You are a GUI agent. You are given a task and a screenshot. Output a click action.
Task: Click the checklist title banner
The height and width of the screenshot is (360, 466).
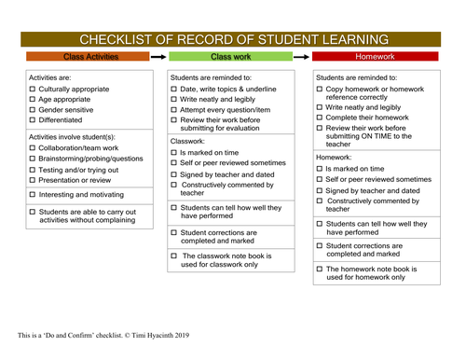point(232,39)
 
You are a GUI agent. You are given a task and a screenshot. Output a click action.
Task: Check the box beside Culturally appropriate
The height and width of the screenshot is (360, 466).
point(33,89)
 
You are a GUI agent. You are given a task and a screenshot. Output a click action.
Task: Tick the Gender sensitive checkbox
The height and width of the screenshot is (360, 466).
point(33,110)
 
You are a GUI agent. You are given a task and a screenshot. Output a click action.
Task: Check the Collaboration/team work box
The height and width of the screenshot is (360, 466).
point(33,148)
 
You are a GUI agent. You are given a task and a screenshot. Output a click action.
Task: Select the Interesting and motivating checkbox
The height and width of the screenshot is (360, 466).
point(33,194)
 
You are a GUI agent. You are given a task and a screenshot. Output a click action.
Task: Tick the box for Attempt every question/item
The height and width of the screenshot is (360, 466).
point(174,110)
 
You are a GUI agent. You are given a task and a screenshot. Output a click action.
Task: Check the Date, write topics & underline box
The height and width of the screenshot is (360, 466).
point(174,88)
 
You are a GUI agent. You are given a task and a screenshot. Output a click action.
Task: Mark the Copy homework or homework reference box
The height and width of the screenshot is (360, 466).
point(322,89)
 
